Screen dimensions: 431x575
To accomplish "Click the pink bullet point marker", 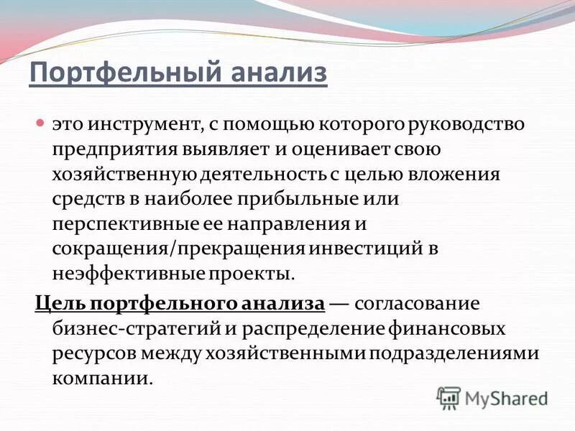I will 41,124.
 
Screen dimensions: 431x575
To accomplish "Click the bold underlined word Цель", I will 59,302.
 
